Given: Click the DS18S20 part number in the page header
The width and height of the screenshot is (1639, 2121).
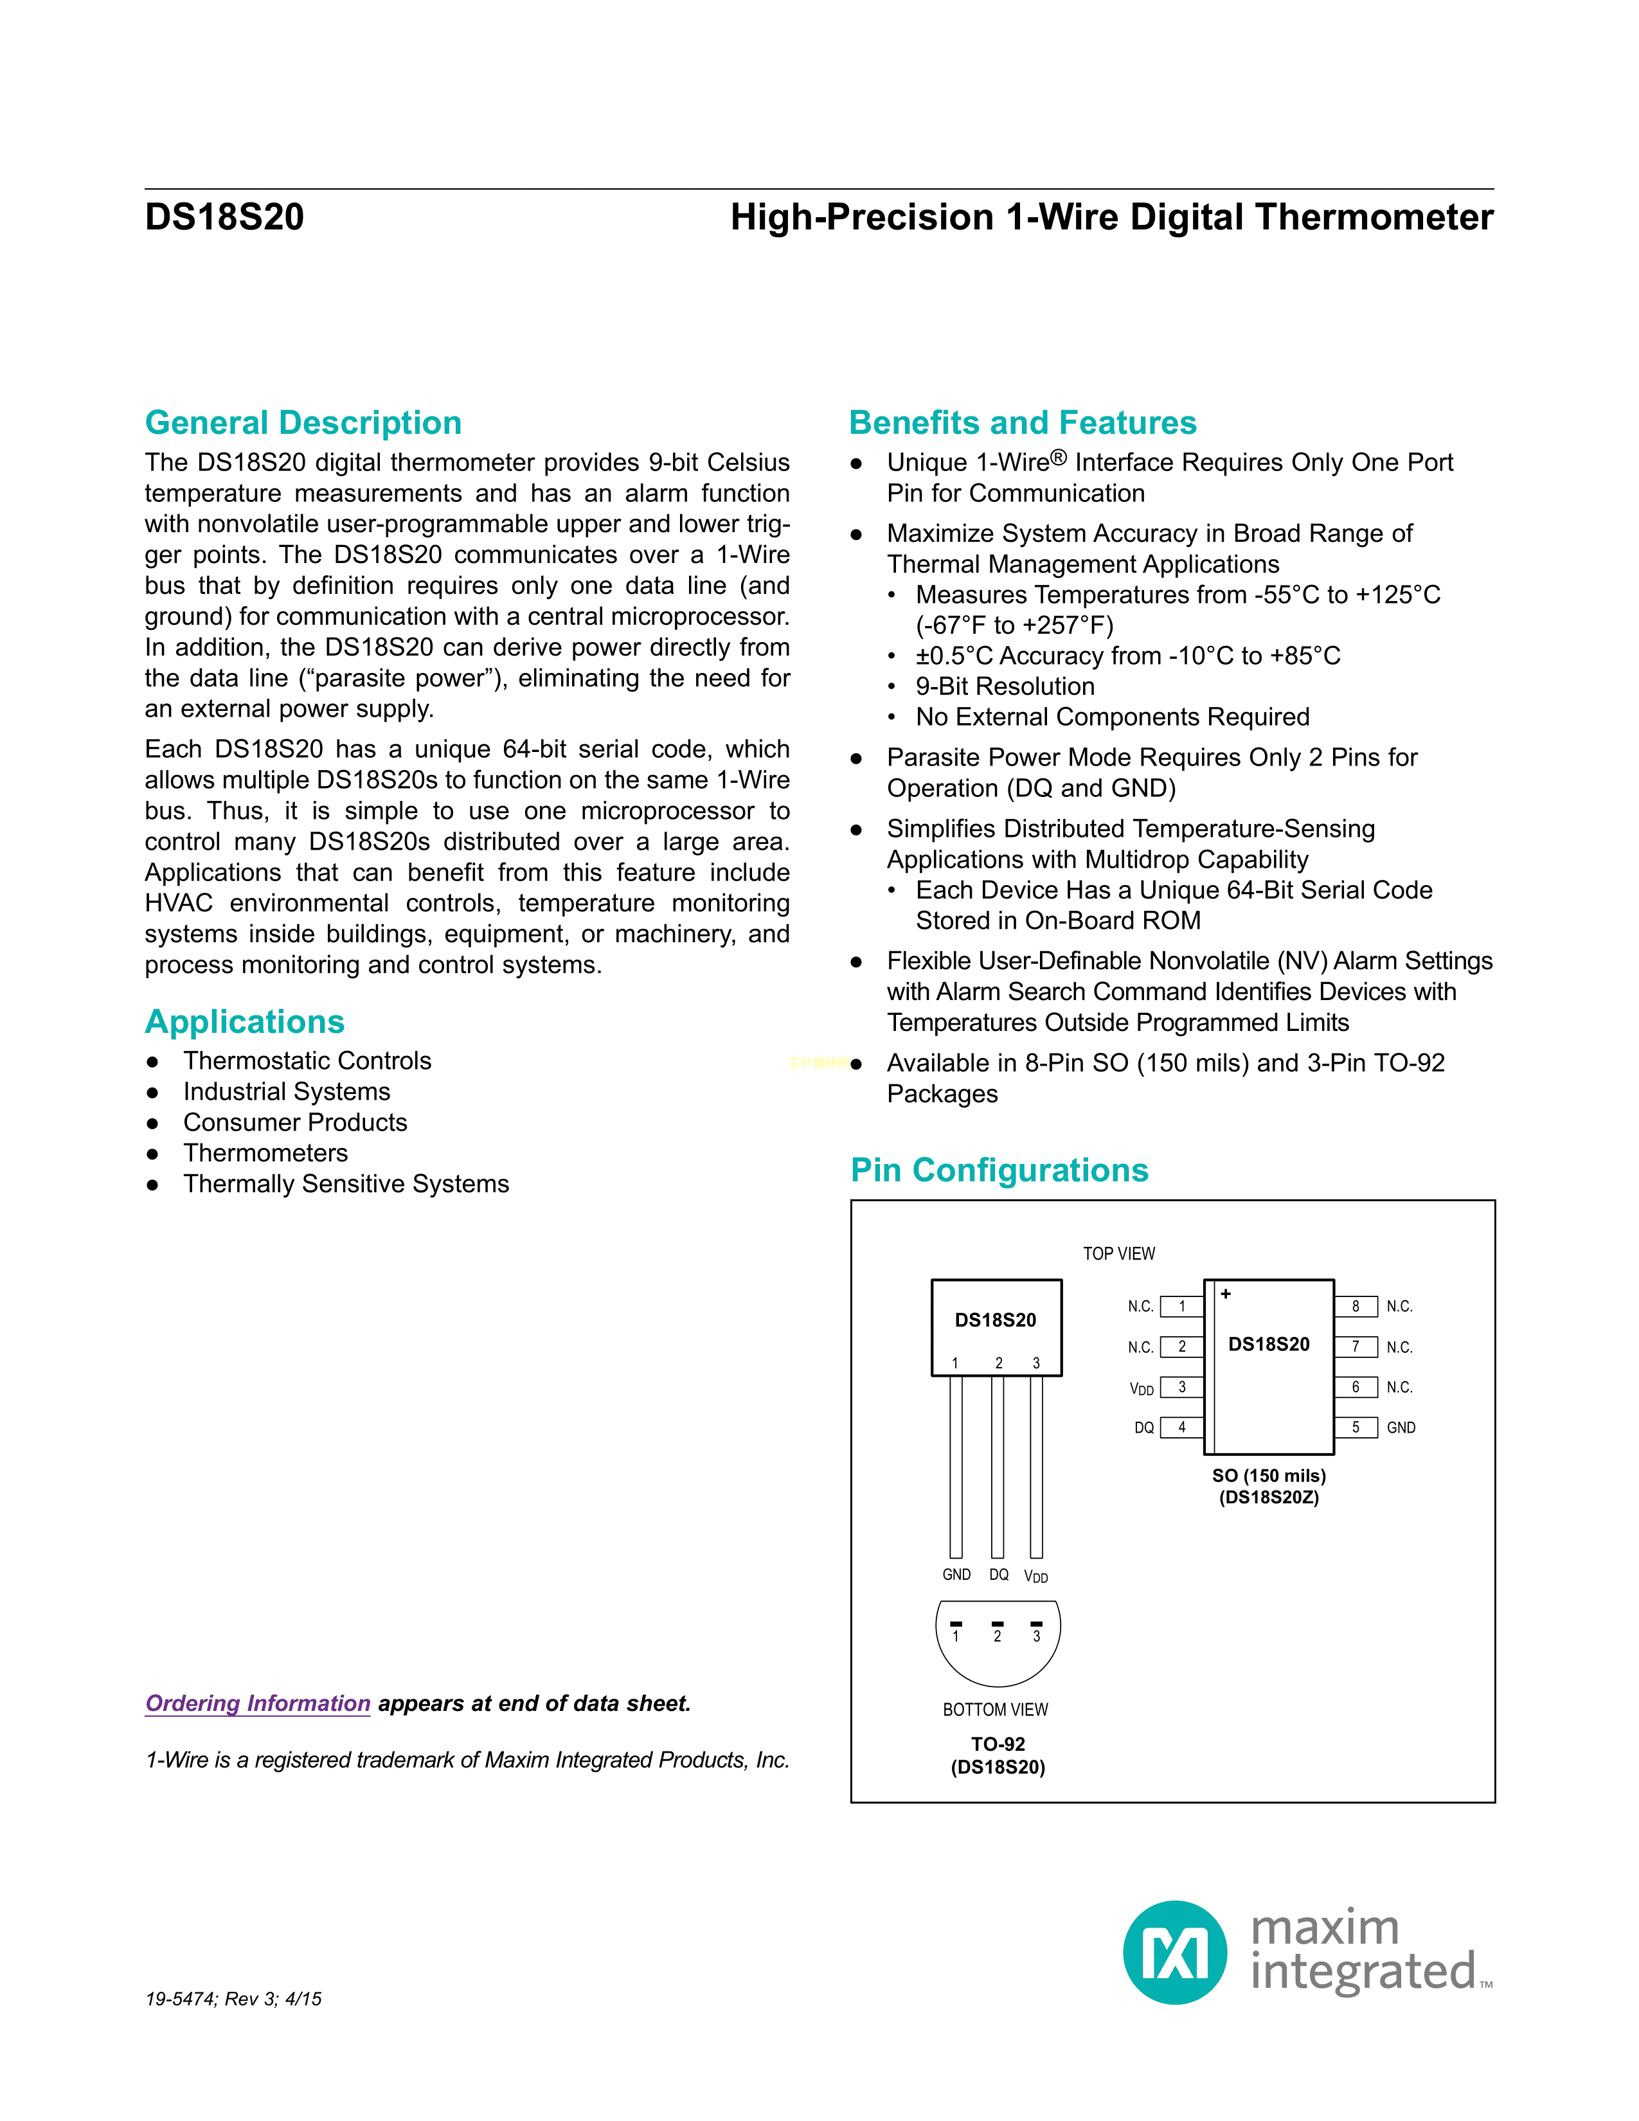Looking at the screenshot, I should (x=224, y=217).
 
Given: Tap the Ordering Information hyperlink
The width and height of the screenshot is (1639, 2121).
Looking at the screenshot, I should (x=257, y=1703).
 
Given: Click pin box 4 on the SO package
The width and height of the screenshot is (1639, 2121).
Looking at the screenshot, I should (x=1181, y=1427).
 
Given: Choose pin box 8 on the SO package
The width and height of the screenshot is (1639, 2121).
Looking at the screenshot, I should (x=1356, y=1306).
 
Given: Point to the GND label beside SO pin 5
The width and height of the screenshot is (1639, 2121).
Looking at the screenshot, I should (x=1400, y=1427).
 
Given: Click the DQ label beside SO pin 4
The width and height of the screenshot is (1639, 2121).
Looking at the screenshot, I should (x=1144, y=1427).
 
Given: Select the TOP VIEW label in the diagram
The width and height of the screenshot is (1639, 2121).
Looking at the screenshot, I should (x=1118, y=1254).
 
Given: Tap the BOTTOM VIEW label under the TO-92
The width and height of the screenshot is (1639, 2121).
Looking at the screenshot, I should (x=995, y=1709).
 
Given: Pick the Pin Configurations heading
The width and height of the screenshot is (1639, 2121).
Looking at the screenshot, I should (x=999, y=1170).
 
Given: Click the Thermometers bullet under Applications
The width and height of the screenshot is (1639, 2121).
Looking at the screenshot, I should (x=265, y=1153).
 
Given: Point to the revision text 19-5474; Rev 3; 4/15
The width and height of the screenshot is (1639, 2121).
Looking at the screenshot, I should (x=233, y=1999).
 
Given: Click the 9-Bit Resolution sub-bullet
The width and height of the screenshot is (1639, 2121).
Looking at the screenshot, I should (x=1005, y=686).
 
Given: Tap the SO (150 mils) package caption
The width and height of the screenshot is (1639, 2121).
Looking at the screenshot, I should (x=1268, y=1475).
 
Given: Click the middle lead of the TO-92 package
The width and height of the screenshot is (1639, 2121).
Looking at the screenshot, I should (x=997, y=1467).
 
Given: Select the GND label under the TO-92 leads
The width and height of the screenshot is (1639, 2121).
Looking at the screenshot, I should (x=956, y=1574).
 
